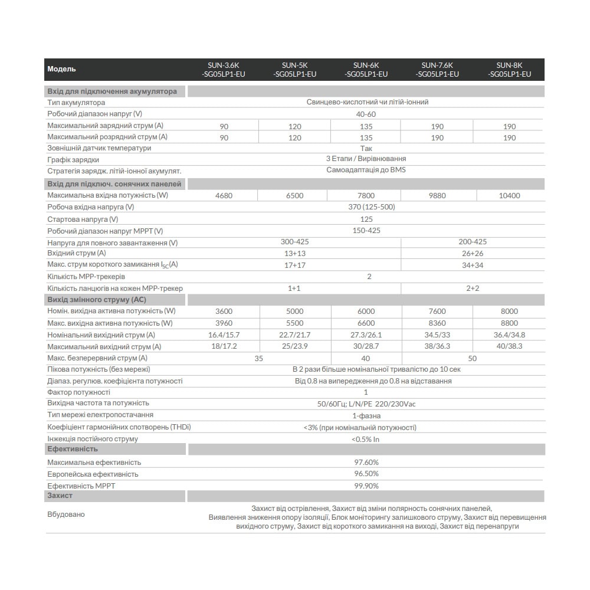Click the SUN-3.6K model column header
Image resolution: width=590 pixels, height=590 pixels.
click(x=224, y=70)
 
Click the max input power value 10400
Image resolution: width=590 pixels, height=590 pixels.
click(x=510, y=195)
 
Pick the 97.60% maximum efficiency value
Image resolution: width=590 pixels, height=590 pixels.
click(x=366, y=463)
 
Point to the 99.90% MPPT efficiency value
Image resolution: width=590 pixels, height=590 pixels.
click(x=366, y=486)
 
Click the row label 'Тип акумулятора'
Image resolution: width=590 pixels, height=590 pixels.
click(x=76, y=102)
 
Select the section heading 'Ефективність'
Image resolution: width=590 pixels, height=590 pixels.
click(x=73, y=450)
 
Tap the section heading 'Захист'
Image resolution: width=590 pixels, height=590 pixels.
click(x=60, y=496)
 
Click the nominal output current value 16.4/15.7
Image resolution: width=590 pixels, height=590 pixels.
click(x=224, y=335)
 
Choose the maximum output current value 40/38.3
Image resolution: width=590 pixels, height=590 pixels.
click(x=510, y=346)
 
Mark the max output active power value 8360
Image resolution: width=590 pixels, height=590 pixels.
click(x=437, y=323)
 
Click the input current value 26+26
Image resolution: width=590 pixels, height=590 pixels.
click(x=472, y=253)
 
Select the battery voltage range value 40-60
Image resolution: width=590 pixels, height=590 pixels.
click(x=366, y=114)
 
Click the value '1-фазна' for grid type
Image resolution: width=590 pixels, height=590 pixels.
click(x=366, y=416)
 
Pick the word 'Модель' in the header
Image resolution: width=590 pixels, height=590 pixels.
click(x=62, y=69)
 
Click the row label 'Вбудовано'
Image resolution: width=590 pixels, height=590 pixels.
click(x=66, y=514)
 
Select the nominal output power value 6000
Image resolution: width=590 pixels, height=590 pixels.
click(x=366, y=311)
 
